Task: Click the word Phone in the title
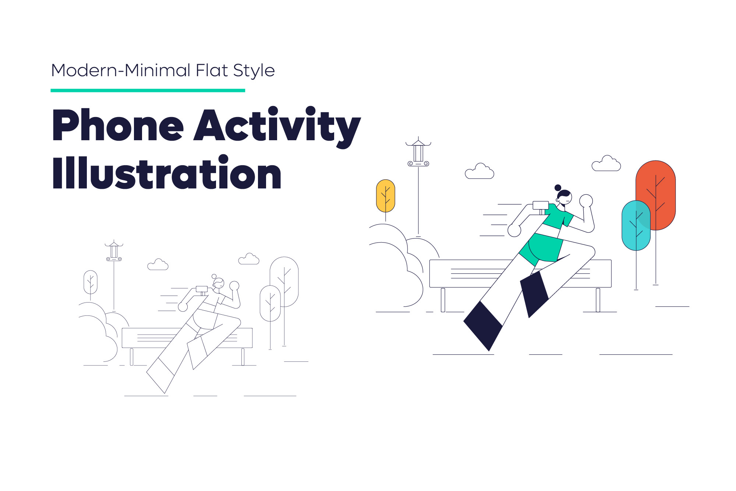tap(118, 125)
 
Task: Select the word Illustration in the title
tap(167, 172)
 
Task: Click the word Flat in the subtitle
tap(212, 70)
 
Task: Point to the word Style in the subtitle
tap(254, 71)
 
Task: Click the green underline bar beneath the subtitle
tap(148, 90)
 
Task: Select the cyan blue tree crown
tap(636, 225)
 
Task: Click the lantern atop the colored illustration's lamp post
tap(418, 152)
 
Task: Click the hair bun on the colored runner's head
tap(558, 188)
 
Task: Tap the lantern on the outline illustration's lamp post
tap(114, 251)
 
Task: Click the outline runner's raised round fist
tap(234, 286)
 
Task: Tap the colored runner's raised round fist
tap(586, 201)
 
